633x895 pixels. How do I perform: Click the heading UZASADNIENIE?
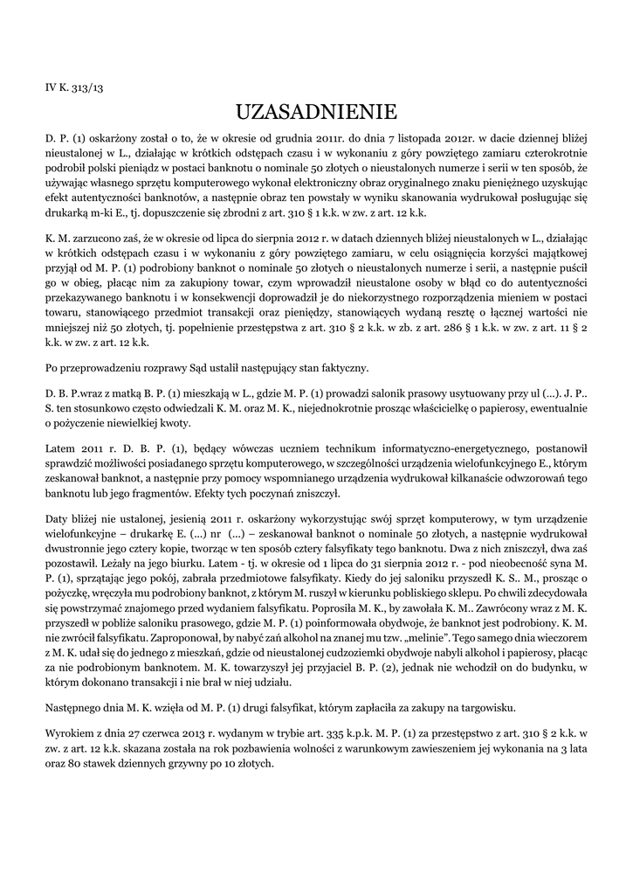coord(316,112)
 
